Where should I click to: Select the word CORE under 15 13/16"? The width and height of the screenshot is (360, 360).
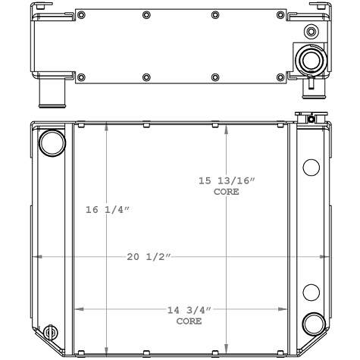pos(227,192)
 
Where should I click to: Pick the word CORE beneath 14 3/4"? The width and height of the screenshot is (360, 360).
pos(189,321)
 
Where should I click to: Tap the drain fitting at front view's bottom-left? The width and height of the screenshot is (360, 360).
pos(51,334)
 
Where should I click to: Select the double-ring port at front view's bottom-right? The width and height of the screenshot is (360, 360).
pos(312,325)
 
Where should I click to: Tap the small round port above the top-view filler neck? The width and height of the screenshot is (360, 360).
pos(310,32)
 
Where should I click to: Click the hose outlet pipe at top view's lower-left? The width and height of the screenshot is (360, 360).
pos(51,95)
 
